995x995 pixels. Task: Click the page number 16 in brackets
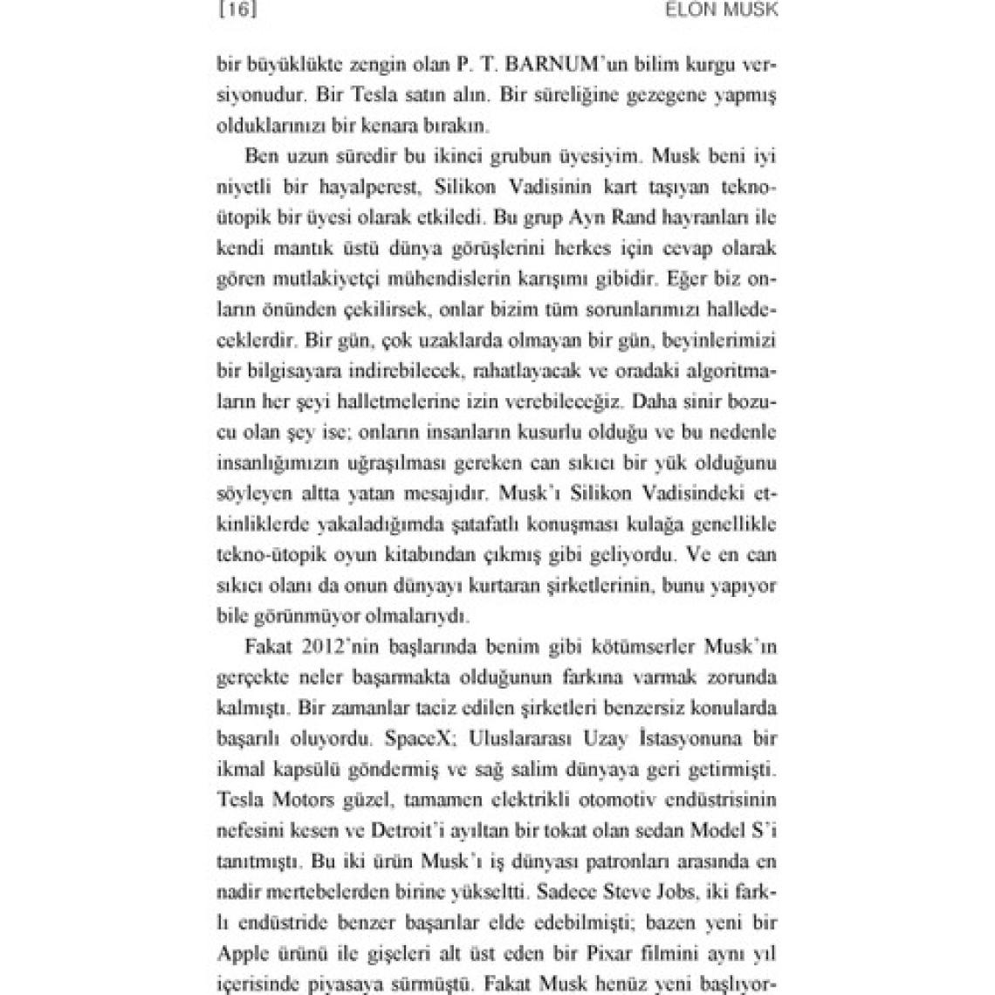238,10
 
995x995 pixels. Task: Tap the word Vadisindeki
666,493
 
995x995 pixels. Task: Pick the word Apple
242,952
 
